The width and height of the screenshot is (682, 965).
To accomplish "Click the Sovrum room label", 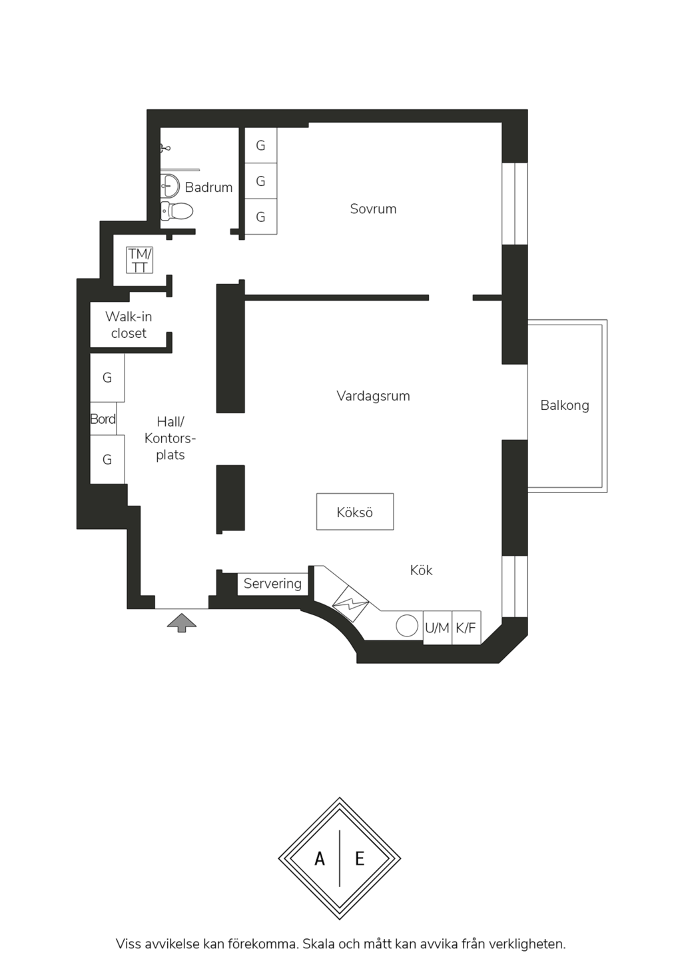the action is tap(373, 209).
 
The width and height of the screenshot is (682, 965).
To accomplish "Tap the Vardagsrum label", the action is tap(373, 396).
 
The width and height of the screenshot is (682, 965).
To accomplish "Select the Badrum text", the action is tap(208, 187).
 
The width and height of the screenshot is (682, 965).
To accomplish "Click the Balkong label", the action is tap(565, 405).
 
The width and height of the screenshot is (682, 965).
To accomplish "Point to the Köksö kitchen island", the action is tap(355, 511).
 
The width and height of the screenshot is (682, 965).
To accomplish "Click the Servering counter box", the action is tap(273, 584).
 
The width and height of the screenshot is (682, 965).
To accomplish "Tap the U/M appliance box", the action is tap(438, 628).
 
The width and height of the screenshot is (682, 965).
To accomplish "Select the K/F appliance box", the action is tap(466, 628).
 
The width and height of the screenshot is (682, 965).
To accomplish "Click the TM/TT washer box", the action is tap(139, 260).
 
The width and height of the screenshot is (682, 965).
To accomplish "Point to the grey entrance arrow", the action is tap(182, 622).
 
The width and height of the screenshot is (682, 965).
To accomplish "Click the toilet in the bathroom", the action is tap(176, 211).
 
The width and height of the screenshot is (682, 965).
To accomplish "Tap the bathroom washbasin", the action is tap(170, 186).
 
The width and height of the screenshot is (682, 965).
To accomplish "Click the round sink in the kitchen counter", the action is tap(407, 626).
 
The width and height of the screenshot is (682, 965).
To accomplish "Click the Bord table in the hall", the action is tap(103, 419).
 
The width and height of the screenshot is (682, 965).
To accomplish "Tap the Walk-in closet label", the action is tap(129, 325).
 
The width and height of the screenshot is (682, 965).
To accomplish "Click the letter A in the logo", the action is tap(320, 858).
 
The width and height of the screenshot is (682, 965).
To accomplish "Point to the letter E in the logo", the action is tap(360, 858).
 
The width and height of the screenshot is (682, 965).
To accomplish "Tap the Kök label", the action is tap(421, 570).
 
